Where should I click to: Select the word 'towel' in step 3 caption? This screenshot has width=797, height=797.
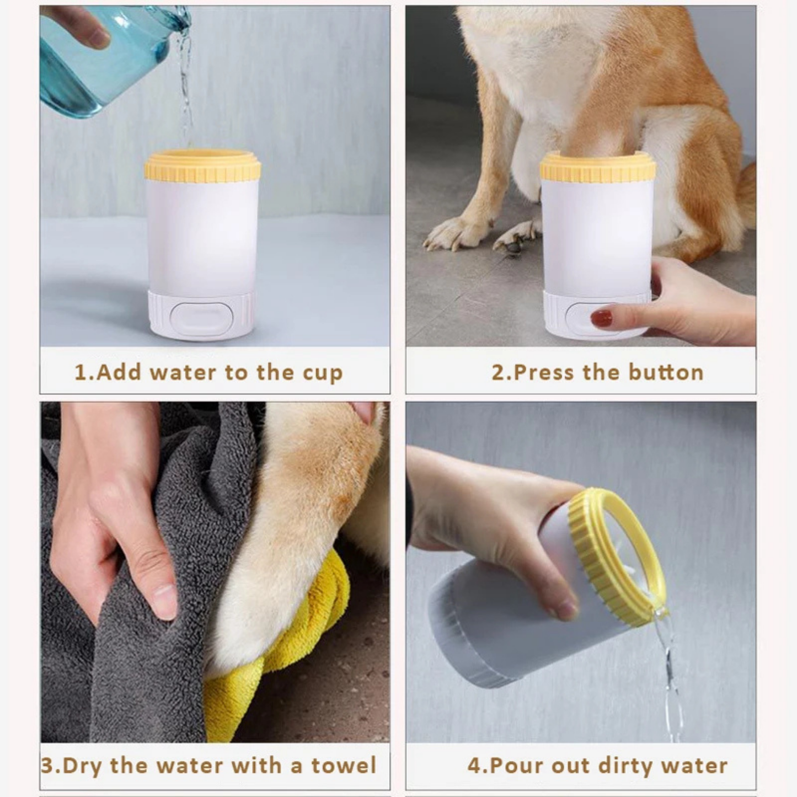(x=344, y=766)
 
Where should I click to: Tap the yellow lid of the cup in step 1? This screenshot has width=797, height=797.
(x=202, y=165)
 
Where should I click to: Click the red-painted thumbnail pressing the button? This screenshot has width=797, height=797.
(x=601, y=318)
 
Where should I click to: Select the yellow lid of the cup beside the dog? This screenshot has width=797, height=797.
(x=598, y=166)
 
